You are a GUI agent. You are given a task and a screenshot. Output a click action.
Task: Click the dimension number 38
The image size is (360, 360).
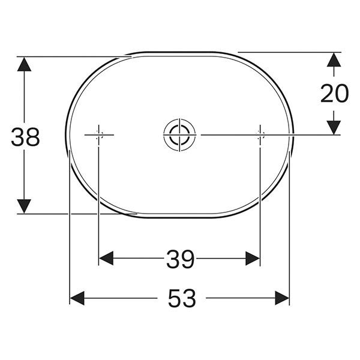(25, 137)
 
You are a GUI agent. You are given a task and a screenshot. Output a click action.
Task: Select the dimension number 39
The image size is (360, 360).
(180, 259)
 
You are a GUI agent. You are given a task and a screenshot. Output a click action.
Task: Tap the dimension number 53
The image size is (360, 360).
(181, 298)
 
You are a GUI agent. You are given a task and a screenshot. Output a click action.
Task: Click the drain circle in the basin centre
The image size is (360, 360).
(178, 134)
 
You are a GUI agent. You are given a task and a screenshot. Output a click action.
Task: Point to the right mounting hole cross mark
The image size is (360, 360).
(259, 135)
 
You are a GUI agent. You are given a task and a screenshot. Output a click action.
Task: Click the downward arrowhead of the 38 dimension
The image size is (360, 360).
(24, 205)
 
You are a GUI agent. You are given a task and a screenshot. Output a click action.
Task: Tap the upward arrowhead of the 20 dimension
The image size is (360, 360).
(334, 60)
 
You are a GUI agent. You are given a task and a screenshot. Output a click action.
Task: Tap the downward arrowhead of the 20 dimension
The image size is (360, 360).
(334, 127)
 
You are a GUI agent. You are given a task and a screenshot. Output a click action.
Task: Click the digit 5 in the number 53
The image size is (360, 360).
(173, 298)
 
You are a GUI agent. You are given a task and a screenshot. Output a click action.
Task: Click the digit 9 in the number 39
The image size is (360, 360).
(188, 259)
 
